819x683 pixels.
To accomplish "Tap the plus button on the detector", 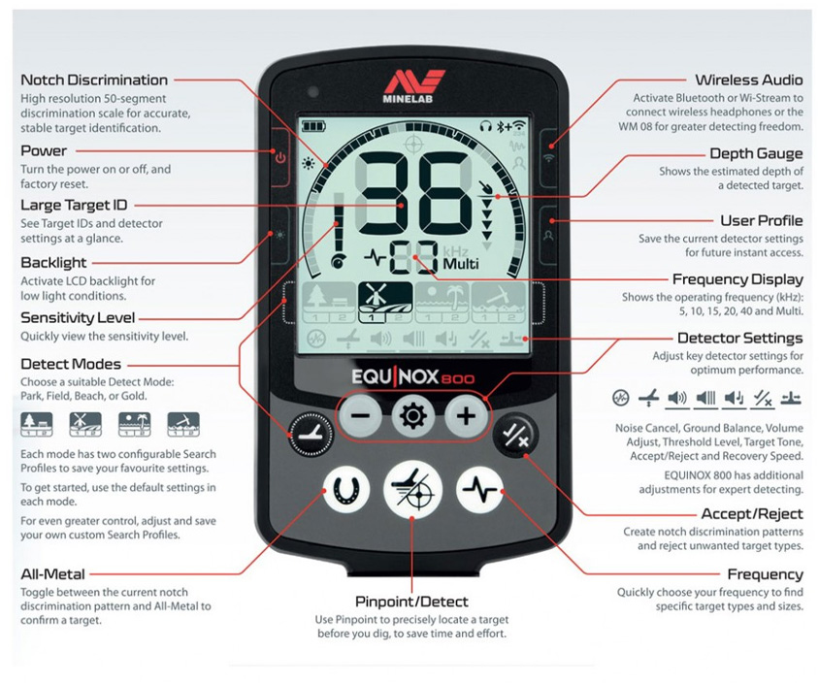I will click(466, 417).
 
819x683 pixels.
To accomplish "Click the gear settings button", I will click(412, 417).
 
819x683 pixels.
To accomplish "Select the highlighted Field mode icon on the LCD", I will click(385, 302).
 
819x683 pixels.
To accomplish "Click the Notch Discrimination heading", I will click(94, 80).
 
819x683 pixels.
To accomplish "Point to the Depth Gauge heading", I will click(756, 153).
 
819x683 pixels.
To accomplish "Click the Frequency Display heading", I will click(737, 279).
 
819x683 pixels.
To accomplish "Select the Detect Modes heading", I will click(71, 364).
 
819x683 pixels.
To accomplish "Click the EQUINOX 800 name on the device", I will click(412, 376).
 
